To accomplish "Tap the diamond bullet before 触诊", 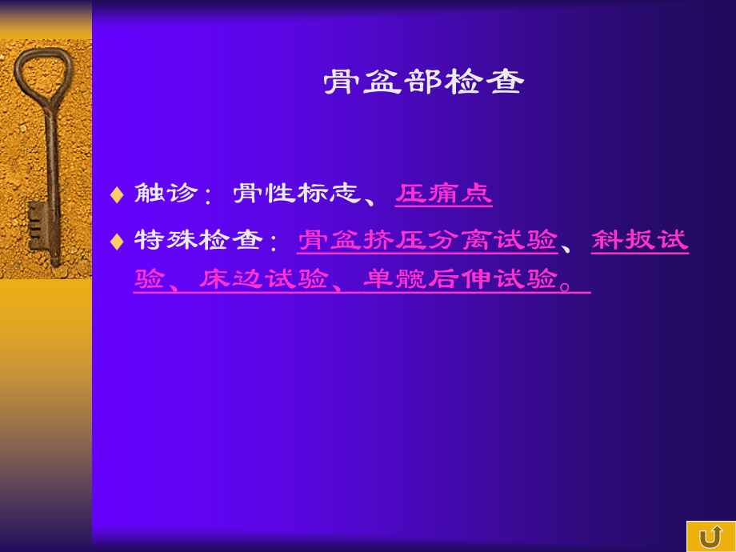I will (x=117, y=194).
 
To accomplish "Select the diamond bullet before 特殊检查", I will (x=117, y=241).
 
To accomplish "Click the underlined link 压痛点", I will (x=444, y=194).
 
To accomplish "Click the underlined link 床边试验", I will (x=264, y=279).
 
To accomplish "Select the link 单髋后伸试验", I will (x=461, y=279).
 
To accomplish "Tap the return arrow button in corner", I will (x=710, y=536).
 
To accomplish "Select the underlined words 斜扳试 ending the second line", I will (x=640, y=240).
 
